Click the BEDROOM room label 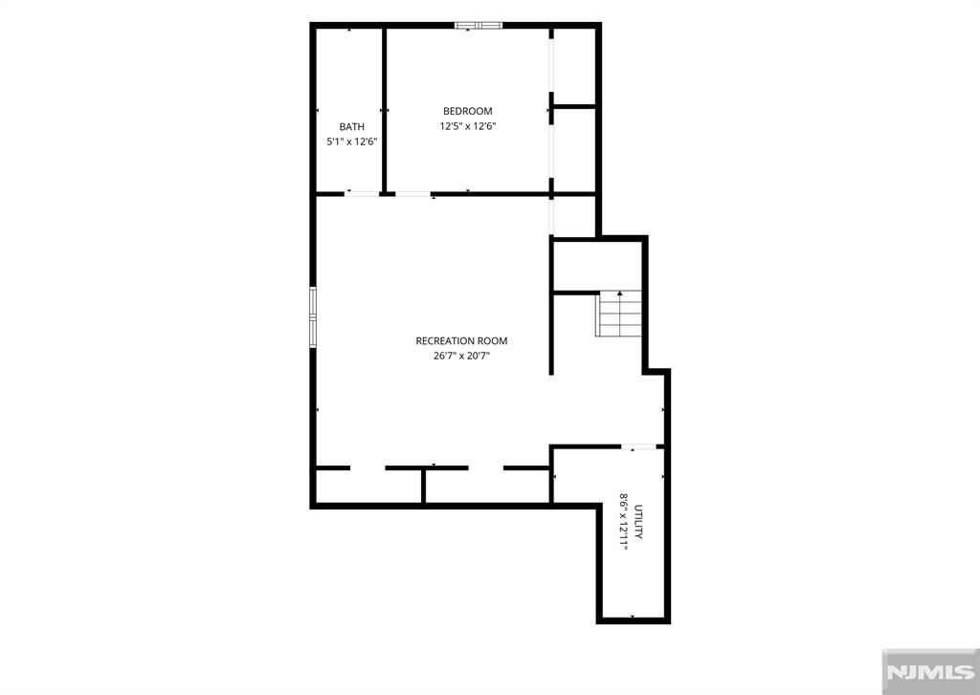(x=467, y=111)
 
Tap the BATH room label (x=352, y=127)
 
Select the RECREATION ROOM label (x=461, y=341)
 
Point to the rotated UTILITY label (x=638, y=522)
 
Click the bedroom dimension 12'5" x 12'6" (x=467, y=126)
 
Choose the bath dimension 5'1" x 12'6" (x=352, y=141)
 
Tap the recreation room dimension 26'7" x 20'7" (x=461, y=356)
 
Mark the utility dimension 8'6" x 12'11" (x=623, y=521)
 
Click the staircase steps (x=620, y=315)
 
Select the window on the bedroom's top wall (x=479, y=26)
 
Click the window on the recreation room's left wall (x=313, y=316)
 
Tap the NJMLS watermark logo (x=930, y=671)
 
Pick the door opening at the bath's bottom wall (x=362, y=194)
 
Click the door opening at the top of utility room (x=638, y=446)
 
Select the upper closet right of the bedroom (x=574, y=67)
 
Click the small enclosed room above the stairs (x=597, y=266)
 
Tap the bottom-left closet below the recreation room (x=368, y=486)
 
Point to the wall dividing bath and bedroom (x=385, y=110)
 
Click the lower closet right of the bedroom (x=574, y=150)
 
